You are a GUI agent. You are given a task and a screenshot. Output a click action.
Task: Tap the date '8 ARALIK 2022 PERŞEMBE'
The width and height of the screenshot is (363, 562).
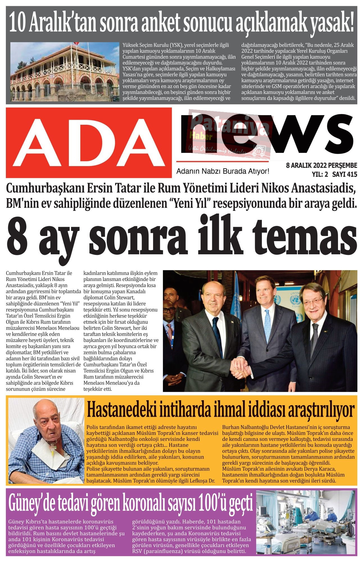point(321,166)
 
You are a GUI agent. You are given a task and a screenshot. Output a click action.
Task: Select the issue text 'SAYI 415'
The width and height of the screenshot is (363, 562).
point(344,175)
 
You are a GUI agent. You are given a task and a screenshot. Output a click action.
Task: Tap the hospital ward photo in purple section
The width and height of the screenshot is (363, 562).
point(307,522)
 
